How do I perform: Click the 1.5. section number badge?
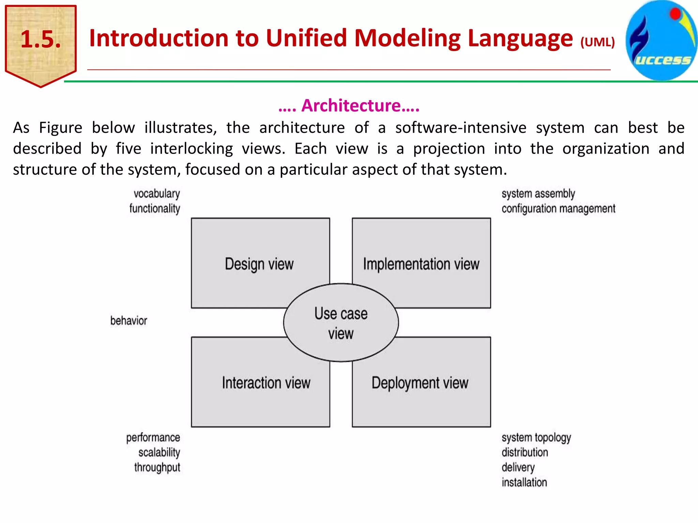[41, 40]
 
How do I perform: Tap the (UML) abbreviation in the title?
[597, 42]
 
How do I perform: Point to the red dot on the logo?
[675, 14]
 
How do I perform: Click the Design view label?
[259, 264]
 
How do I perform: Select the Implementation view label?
[421, 264]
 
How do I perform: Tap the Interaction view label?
[266, 383]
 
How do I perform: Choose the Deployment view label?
[420, 383]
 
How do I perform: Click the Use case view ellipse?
[341, 323]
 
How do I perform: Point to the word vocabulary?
[156, 194]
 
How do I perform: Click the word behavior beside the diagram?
[128, 321]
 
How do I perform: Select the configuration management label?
[558, 209]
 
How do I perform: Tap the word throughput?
[157, 467]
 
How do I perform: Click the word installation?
[524, 482]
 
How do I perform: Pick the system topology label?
[536, 438]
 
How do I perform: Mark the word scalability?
[159, 453]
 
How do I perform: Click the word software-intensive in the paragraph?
[461, 128]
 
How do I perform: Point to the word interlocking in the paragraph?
[192, 149]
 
